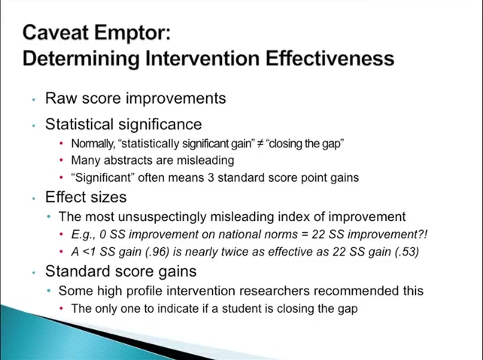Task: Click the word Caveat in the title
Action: point(56,32)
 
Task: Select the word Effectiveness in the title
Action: point(330,58)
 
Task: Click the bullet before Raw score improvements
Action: point(34,100)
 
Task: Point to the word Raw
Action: point(61,98)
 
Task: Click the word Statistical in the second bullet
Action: point(80,124)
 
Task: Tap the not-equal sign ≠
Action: point(260,144)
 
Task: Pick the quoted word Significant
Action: point(103,178)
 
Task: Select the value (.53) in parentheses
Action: point(407,252)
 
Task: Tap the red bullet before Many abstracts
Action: point(61,160)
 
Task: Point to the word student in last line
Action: point(241,309)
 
